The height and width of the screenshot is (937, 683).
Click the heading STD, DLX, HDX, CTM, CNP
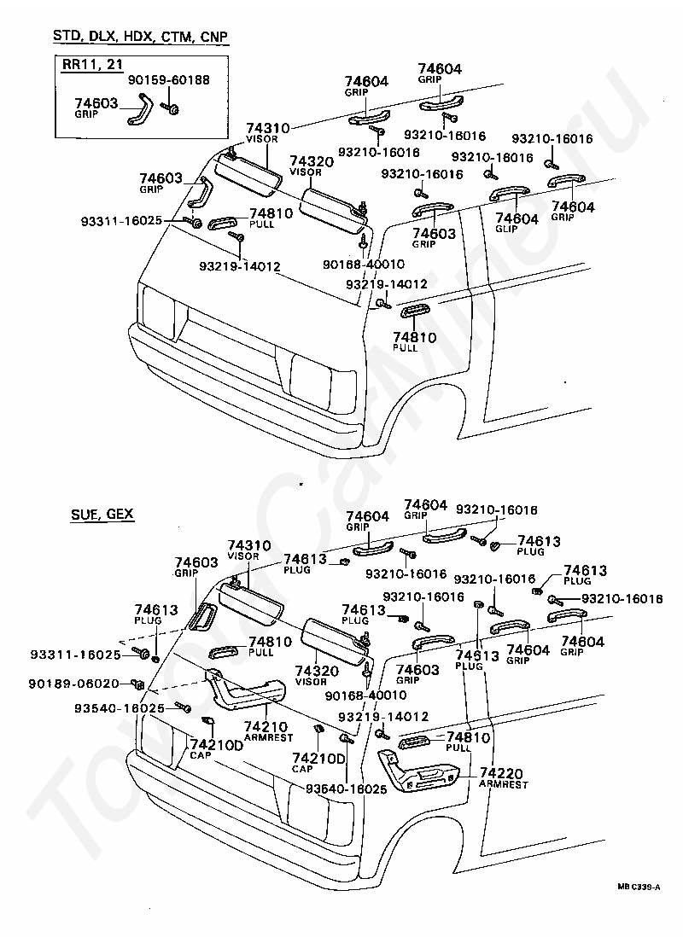(141, 36)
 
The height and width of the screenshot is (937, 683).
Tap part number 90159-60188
(169, 79)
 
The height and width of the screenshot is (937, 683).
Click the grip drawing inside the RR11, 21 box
(141, 109)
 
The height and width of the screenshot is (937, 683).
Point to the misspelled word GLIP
(506, 229)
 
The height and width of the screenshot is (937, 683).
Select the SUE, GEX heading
(102, 514)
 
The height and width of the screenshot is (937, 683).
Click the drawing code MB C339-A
(639, 888)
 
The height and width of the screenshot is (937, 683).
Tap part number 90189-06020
(73, 683)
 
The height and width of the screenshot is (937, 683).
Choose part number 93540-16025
(120, 708)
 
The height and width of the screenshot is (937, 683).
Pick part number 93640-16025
(347, 789)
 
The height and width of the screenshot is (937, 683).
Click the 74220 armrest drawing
(418, 775)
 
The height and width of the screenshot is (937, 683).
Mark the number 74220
(501, 773)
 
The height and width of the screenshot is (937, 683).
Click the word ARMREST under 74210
(269, 737)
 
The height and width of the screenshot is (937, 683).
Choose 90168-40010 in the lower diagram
(365, 695)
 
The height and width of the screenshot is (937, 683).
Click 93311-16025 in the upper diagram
(121, 221)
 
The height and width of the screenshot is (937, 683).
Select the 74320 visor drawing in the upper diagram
(333, 209)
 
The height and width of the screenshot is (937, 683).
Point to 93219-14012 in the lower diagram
(383, 717)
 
